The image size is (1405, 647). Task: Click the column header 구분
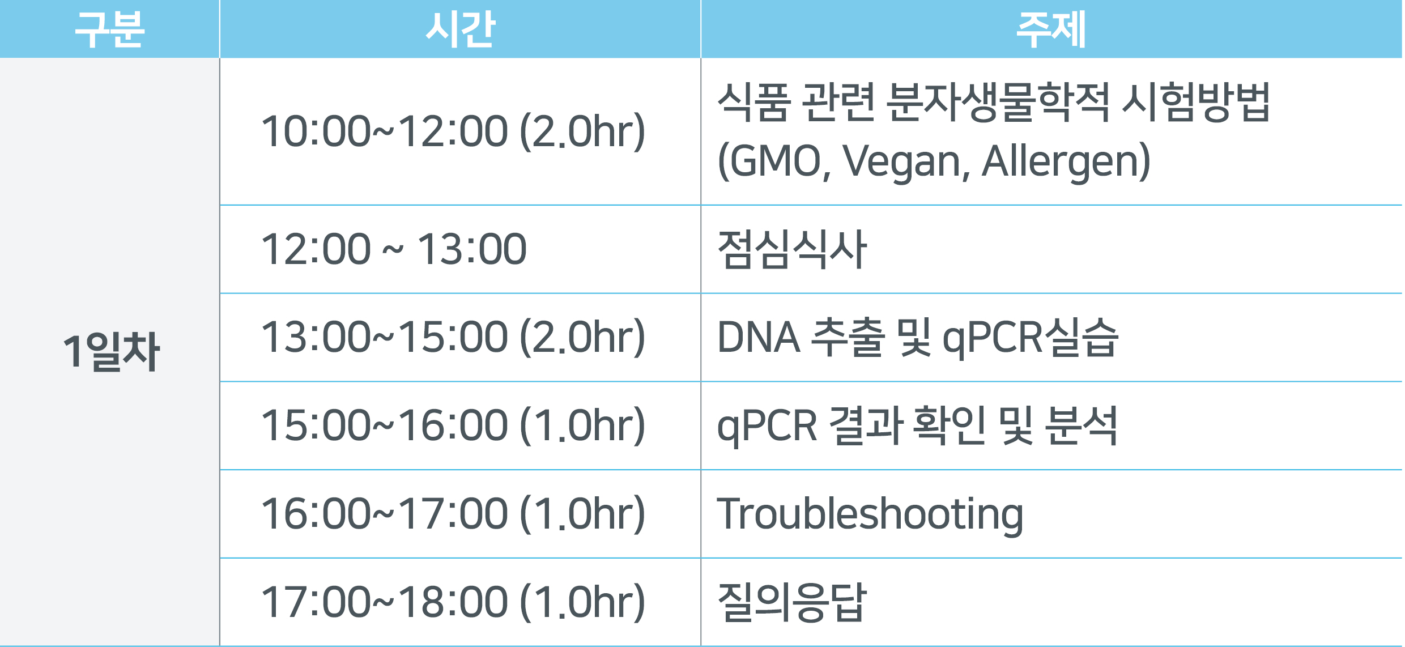click(x=110, y=29)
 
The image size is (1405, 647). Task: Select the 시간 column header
click(x=461, y=29)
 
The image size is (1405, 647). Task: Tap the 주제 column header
click(x=1051, y=29)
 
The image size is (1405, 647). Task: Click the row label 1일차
click(x=111, y=352)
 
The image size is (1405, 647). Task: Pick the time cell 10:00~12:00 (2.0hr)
click(x=453, y=131)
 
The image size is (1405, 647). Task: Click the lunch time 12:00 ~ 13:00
click(x=394, y=249)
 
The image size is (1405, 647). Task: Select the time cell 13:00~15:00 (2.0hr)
click(x=453, y=337)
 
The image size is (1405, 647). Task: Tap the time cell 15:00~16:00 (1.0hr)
click(x=453, y=425)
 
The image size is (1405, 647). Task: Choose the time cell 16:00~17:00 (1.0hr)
click(x=453, y=514)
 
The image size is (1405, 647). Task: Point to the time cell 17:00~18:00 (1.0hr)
click(x=453, y=602)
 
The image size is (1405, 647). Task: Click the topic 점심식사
click(x=792, y=249)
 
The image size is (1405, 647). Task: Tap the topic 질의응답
click(x=792, y=602)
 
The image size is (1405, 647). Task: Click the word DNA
click(x=759, y=338)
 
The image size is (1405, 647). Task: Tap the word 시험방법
click(x=1196, y=102)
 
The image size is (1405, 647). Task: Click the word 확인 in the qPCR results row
click(x=950, y=425)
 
